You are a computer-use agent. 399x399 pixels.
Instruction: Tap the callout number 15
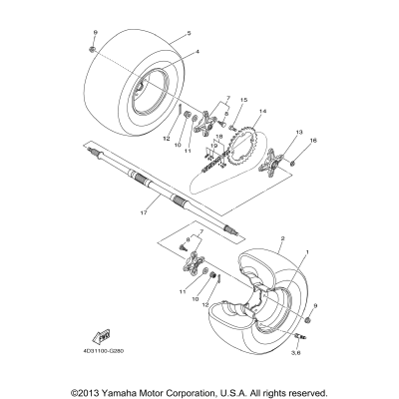tap(242, 101)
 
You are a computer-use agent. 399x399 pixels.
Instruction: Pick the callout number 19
tap(212, 147)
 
